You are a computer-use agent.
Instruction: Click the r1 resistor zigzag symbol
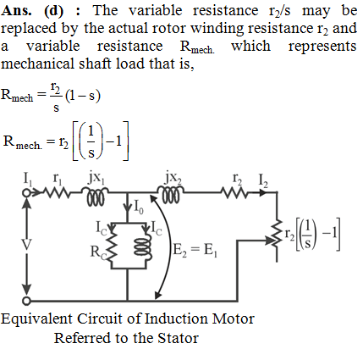(x=56, y=193)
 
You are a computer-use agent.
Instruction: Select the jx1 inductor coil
(x=96, y=196)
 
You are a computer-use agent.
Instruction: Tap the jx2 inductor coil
(x=171, y=195)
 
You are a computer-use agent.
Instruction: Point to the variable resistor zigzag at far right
(x=277, y=235)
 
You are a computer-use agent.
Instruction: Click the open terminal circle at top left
(x=26, y=193)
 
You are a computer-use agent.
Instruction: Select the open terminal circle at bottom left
(x=26, y=301)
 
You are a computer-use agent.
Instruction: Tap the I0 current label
(x=138, y=207)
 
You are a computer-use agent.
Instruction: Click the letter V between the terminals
(x=26, y=245)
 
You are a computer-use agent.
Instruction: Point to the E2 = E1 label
(x=195, y=250)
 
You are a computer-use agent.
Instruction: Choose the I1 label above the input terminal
(x=27, y=180)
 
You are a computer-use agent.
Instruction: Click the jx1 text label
(x=96, y=178)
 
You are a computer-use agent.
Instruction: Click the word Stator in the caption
(x=178, y=338)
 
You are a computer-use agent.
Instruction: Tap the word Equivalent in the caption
(x=36, y=319)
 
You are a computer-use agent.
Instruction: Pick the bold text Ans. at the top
(x=16, y=11)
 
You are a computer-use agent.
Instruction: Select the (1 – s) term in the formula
(x=83, y=96)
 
